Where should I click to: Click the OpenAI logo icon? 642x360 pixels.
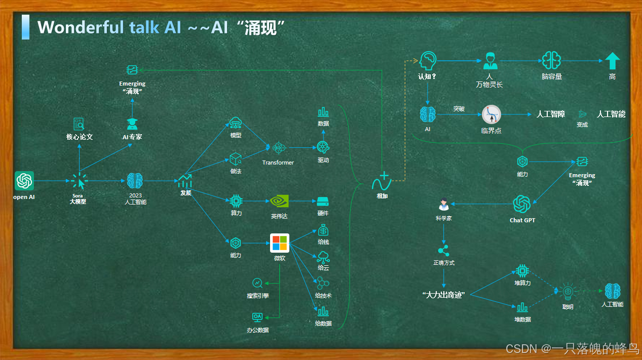tap(24, 181)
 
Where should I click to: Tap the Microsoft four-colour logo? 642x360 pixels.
tap(279, 243)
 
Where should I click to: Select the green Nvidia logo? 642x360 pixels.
tap(279, 201)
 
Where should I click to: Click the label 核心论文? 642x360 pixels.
tap(80, 137)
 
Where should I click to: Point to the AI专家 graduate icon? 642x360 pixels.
tap(132, 124)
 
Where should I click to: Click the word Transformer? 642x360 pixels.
tap(278, 163)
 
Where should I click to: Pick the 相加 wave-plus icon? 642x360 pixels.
tap(382, 181)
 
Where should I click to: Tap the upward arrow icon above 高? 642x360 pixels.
tap(612, 61)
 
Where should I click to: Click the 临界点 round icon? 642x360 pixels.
tap(491, 114)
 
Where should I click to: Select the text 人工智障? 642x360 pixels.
tap(551, 114)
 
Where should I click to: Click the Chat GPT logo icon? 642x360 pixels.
tap(522, 204)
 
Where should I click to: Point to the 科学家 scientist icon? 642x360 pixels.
tap(443, 205)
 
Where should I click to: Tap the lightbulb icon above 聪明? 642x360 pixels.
tap(568, 291)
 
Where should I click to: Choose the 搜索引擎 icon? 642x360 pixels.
tap(257, 283)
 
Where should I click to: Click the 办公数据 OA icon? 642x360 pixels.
tap(257, 317)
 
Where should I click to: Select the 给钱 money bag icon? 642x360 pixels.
tap(323, 230)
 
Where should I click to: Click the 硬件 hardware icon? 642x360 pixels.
tap(323, 201)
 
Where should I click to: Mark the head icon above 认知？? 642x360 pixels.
tap(428, 61)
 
